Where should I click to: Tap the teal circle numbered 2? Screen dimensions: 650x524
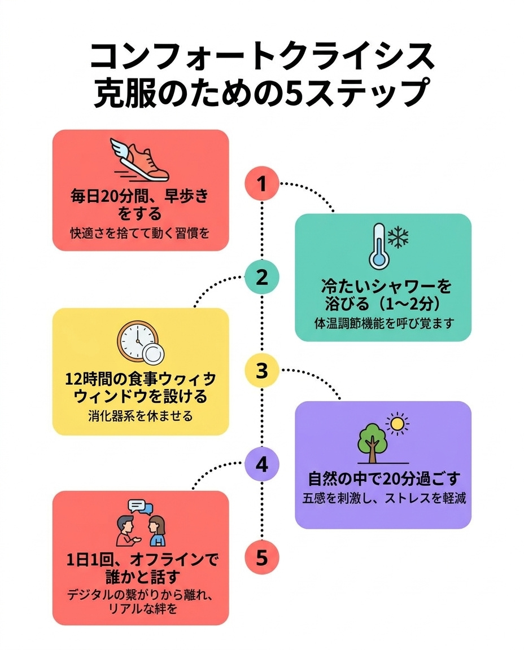(262, 278)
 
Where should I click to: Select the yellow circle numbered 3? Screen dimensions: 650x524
(262, 371)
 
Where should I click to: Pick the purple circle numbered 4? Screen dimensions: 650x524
(262, 465)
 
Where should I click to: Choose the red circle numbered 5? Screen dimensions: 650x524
(262, 558)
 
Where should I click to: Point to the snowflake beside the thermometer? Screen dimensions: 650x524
(399, 238)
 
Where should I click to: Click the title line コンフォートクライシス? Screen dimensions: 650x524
(263, 57)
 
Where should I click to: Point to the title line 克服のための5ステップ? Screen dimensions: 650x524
(263, 93)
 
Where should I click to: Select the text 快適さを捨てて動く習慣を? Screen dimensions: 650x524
(140, 232)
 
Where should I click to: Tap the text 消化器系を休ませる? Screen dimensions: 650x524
(140, 416)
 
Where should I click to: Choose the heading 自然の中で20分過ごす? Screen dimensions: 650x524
(384, 479)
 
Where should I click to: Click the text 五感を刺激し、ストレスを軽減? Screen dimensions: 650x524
(384, 499)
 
